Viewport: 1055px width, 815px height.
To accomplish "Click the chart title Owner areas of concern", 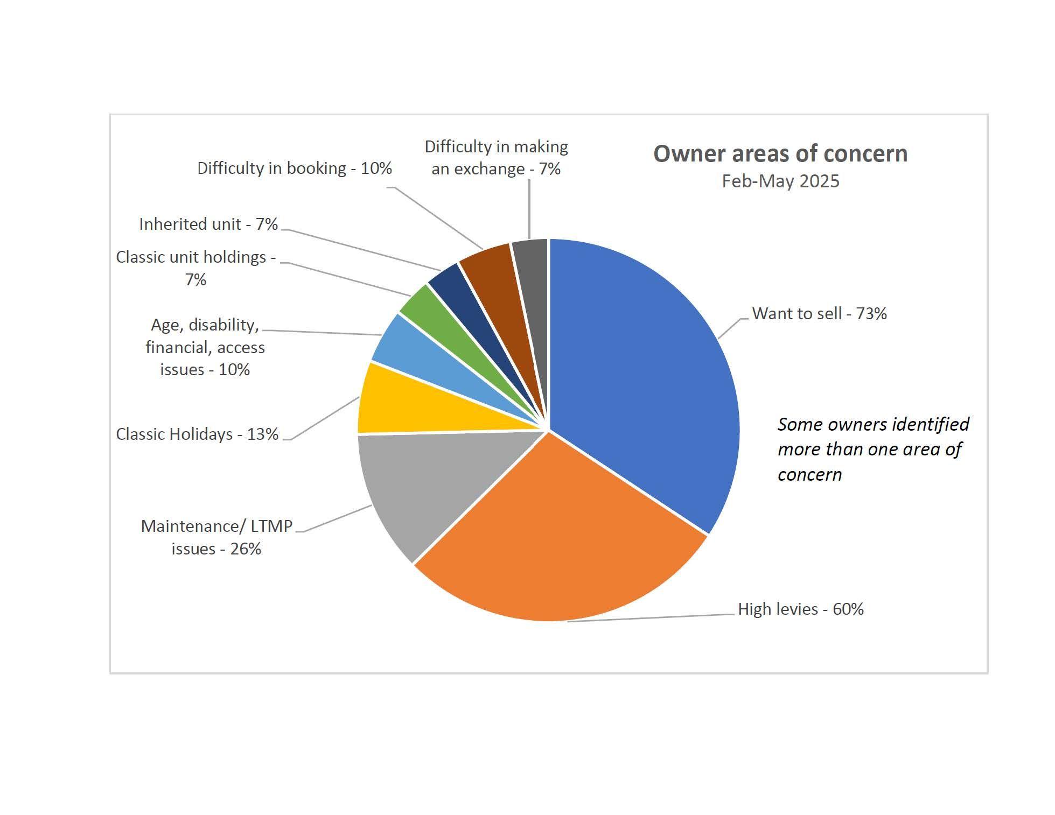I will [780, 154].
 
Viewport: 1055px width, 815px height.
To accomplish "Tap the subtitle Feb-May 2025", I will [780, 181].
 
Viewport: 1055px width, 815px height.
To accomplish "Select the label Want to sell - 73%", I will [819, 314].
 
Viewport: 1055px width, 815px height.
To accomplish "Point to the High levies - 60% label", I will [800, 609].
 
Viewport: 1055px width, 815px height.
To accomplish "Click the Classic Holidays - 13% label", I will [197, 434].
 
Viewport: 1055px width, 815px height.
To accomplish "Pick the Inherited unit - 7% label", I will [208, 224].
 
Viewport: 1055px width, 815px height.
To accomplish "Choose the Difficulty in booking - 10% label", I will [295, 168].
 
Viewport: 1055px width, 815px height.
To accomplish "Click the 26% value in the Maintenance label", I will [246, 549].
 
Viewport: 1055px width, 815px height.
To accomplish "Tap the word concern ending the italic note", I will [809, 475].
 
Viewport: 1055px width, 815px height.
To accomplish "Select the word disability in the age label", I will [224, 325].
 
